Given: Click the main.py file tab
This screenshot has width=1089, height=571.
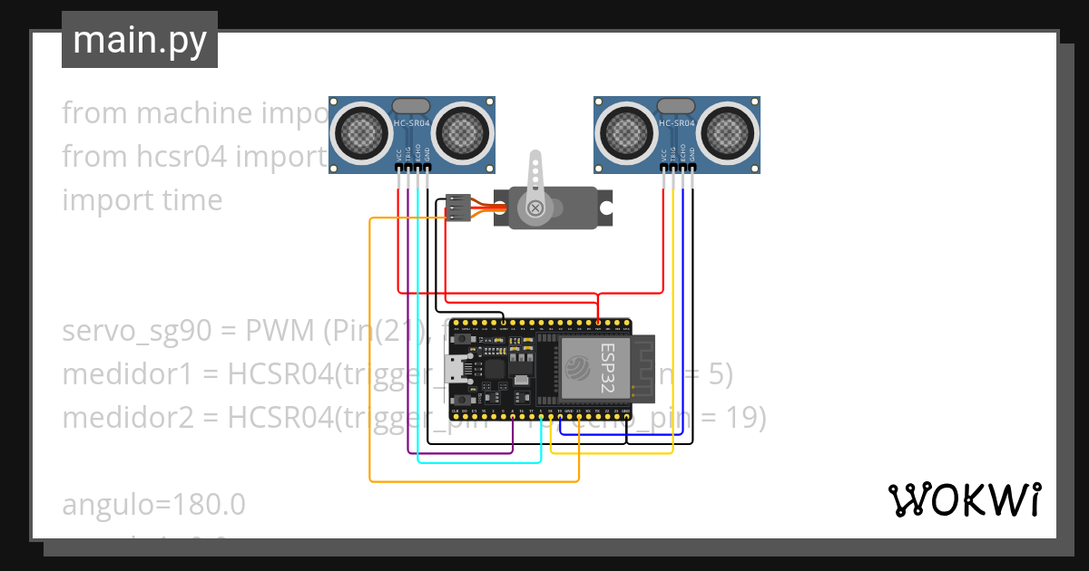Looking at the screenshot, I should pyautogui.click(x=139, y=40).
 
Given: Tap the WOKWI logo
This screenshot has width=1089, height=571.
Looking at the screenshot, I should pyautogui.click(x=964, y=499).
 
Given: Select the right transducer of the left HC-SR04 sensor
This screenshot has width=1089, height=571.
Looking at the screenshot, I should pyautogui.click(x=464, y=134).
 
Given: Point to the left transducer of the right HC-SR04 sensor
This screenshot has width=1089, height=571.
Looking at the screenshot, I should pyautogui.click(x=626, y=134).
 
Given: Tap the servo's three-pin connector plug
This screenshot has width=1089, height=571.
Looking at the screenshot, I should pyautogui.click(x=459, y=208).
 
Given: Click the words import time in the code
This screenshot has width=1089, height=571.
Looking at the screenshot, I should pyautogui.click(x=142, y=199).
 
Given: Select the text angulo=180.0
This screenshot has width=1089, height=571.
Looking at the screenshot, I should pyautogui.click(x=153, y=504).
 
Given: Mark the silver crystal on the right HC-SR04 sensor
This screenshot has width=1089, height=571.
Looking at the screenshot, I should pyautogui.click(x=676, y=105).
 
